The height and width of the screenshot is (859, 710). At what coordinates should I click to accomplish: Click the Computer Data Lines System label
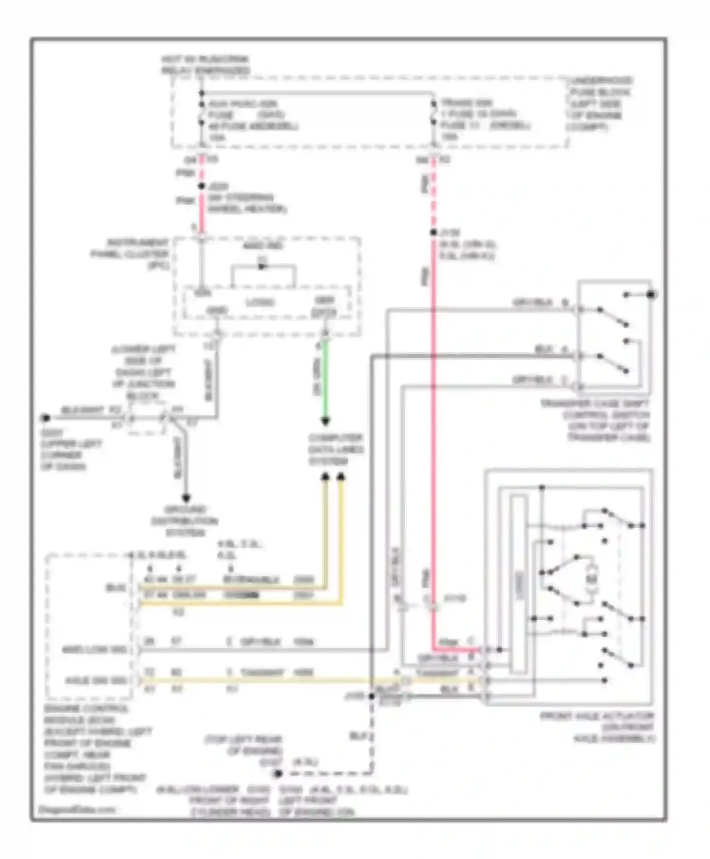pos(336,449)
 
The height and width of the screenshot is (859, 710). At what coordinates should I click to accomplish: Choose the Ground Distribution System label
pos(185,521)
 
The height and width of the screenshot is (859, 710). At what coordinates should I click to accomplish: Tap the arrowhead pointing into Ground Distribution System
pos(186,498)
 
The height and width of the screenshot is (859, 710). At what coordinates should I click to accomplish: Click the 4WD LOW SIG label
pos(95,650)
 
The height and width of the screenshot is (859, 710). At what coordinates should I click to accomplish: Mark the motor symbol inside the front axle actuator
pos(591,579)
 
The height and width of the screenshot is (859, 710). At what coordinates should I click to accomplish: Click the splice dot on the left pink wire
pos(202,187)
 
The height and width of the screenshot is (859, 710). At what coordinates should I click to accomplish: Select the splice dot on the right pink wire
pos(433,233)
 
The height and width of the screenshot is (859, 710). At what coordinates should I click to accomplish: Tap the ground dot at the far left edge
pos(45,418)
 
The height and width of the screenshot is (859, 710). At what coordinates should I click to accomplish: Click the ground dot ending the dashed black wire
pos(278,773)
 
